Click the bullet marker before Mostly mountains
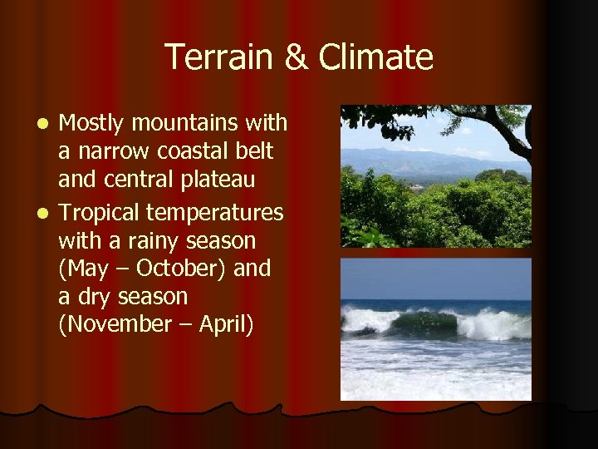47,124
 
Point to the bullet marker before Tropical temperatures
47,214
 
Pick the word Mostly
91,124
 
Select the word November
123,324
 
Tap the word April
224,324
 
